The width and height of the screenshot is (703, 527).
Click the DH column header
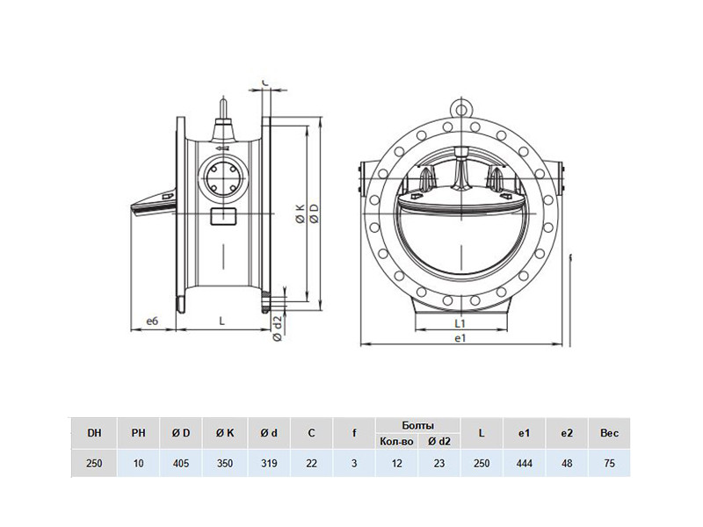tap(94, 433)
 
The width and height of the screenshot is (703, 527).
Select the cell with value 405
tap(181, 463)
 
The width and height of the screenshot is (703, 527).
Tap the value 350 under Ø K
tap(225, 463)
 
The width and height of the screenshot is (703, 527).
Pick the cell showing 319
tap(268, 463)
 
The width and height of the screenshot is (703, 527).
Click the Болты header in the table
tap(418, 425)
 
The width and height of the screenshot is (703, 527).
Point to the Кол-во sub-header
tap(396, 442)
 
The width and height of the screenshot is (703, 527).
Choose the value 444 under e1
tap(524, 463)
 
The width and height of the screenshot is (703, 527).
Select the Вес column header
tap(609, 433)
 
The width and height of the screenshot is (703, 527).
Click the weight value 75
tap(609, 463)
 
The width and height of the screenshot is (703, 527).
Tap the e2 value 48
tap(567, 463)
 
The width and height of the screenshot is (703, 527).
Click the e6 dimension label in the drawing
tap(152, 321)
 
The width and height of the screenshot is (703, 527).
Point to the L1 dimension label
tap(460, 322)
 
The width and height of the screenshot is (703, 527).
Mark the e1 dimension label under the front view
tap(460, 338)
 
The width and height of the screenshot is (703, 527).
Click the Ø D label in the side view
tap(315, 213)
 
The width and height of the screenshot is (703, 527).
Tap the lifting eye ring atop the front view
tap(460, 108)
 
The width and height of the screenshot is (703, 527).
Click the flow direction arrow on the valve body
tap(222, 148)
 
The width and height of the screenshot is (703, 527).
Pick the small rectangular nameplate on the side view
tap(223, 216)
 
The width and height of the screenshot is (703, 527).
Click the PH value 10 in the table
tap(138, 463)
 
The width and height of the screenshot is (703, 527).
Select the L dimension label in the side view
tap(221, 321)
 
